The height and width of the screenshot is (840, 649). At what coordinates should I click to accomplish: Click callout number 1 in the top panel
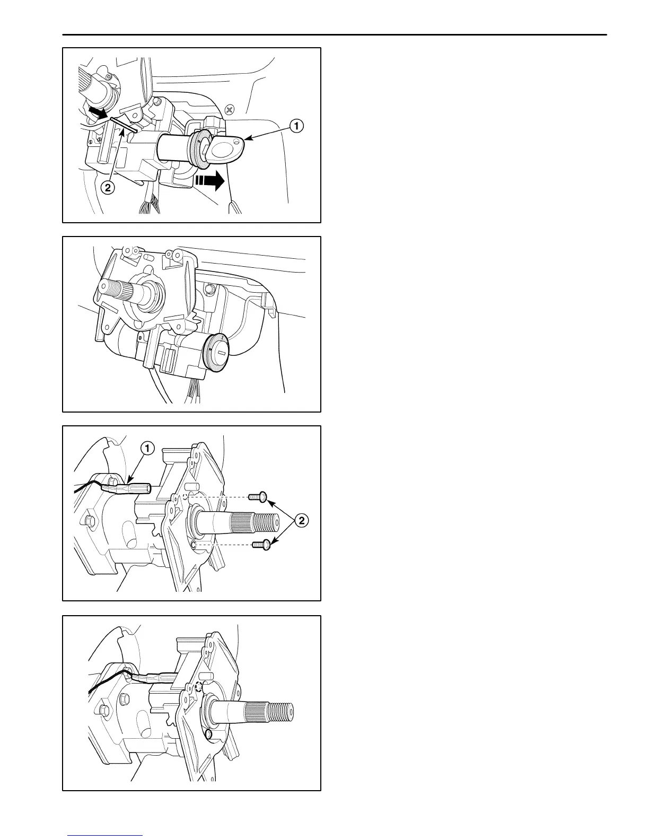296,126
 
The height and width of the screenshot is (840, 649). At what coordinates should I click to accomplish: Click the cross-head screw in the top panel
230,110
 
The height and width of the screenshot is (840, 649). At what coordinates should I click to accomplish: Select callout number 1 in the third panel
147,449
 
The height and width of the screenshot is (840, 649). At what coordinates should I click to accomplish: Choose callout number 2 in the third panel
300,520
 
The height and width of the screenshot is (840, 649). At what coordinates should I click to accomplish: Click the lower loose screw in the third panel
262,544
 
